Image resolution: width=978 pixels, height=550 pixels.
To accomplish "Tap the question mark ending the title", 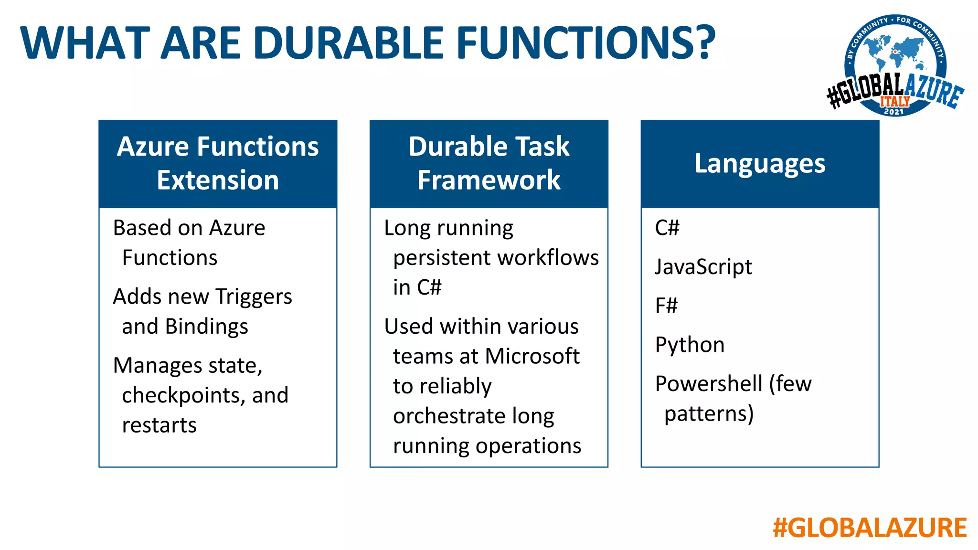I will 700,43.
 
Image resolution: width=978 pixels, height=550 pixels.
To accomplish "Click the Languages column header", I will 759,163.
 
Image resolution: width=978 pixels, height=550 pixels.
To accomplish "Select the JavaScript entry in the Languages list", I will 703,267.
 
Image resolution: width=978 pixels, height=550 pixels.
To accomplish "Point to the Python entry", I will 690,345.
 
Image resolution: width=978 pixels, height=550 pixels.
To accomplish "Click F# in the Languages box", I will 666,306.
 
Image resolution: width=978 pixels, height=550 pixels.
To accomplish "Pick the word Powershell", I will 709,384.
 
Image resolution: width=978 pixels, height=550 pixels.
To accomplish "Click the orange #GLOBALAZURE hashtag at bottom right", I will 870,528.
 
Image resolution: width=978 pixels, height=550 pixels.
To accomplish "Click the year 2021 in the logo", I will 893,112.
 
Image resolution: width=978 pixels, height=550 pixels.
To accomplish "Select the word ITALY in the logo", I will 895,101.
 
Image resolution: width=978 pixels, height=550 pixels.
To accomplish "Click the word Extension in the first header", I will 218,180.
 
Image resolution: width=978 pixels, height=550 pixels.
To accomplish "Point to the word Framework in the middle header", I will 489,180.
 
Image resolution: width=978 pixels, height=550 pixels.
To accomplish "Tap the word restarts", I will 159,425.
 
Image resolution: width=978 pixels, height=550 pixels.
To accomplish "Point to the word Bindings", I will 206,327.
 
